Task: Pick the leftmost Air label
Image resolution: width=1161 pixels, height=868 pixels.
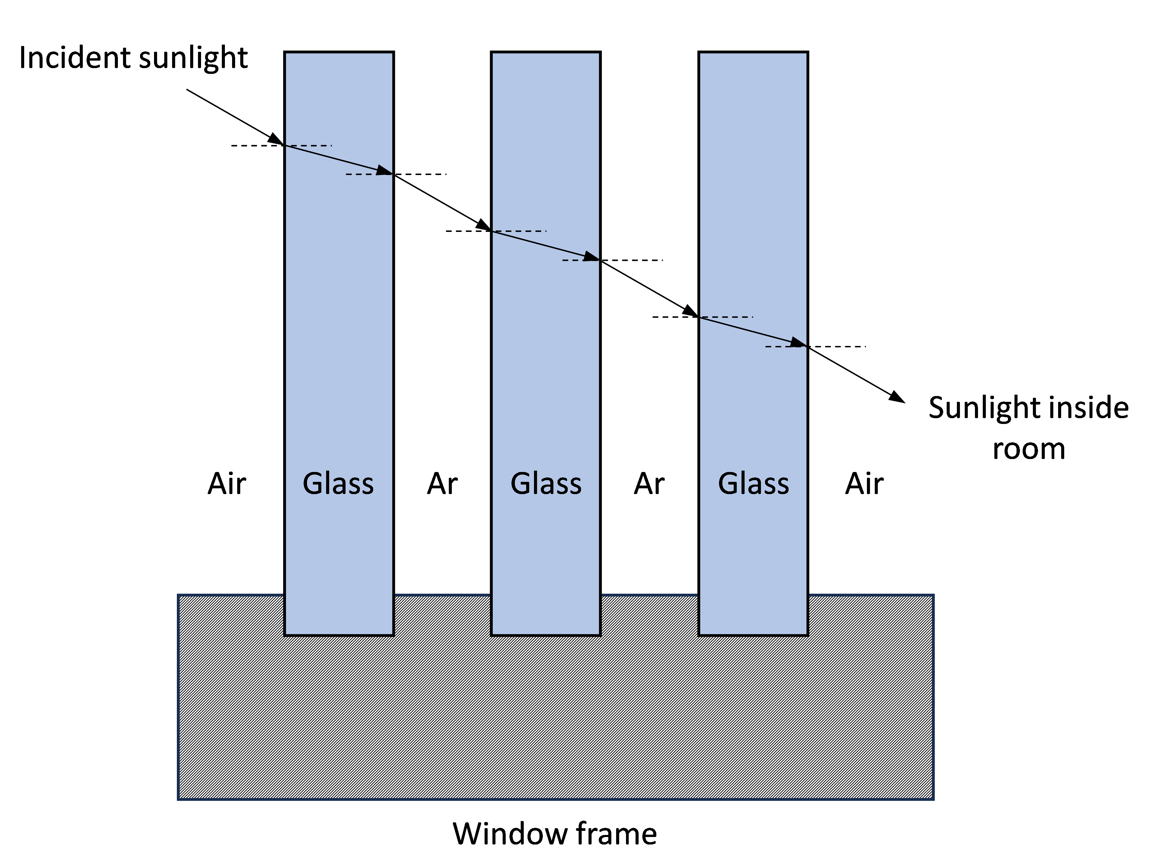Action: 227,483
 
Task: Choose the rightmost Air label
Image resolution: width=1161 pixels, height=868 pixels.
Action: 865,483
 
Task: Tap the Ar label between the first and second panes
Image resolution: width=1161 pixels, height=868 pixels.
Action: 442,483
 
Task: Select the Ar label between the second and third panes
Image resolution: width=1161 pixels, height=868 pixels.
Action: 649,483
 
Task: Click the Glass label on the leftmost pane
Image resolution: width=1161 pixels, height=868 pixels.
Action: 338,483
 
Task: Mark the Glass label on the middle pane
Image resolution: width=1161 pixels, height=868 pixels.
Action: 546,483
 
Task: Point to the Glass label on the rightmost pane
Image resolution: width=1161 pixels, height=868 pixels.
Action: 754,483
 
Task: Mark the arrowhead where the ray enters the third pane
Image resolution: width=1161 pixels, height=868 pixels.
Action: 690,311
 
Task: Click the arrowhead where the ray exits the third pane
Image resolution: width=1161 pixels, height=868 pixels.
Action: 799,343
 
